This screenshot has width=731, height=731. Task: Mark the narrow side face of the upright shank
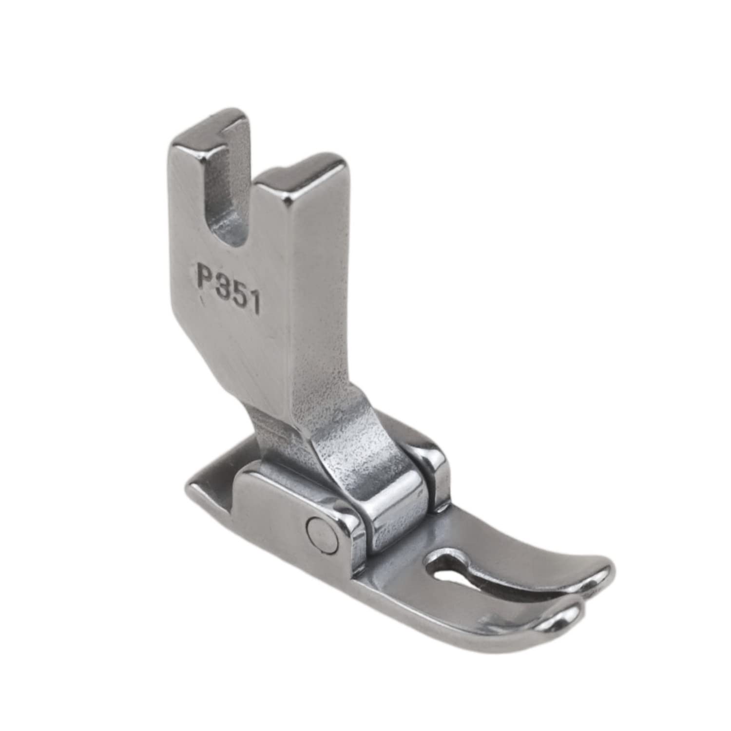(317, 292)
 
